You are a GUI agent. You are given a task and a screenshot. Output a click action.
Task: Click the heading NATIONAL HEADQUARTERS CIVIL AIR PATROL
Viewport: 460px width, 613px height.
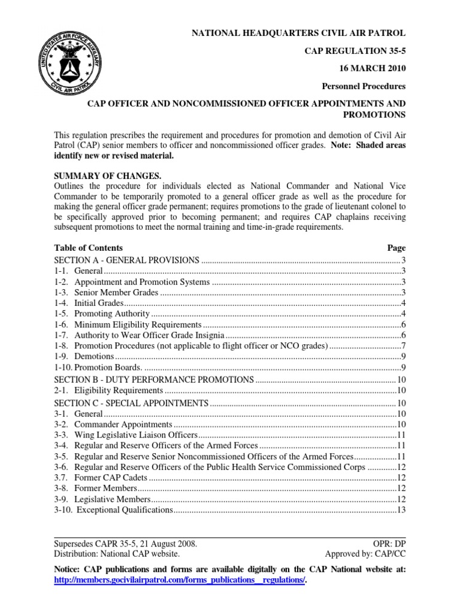point(298,32)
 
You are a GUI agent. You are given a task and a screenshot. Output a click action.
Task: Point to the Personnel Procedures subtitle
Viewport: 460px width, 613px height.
point(367,86)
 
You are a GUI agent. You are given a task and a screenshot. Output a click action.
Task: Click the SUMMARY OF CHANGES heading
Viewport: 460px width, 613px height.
point(107,177)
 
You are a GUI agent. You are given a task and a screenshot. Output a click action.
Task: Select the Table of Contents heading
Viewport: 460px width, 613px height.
point(89,248)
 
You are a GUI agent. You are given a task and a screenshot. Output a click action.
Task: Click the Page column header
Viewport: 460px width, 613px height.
point(396,248)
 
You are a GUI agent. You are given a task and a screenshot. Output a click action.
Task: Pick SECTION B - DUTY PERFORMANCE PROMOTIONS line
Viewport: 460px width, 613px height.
point(154,380)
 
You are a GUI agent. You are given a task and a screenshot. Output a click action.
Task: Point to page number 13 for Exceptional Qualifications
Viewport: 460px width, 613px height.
point(401,510)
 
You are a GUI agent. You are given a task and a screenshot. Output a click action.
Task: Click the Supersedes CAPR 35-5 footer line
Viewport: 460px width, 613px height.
point(125,544)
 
